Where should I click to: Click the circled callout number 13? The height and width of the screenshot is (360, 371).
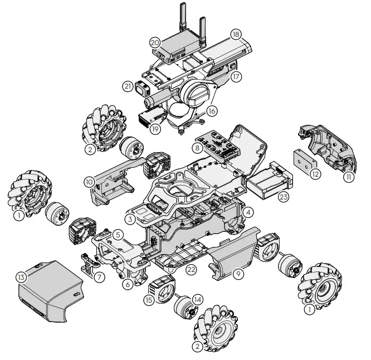point(22,277)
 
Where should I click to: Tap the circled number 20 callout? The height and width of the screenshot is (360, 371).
point(155,43)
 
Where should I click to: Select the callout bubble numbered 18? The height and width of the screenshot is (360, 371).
point(236,35)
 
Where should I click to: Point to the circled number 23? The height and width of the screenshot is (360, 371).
point(284,197)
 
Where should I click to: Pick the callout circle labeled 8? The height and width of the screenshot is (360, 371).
point(197,148)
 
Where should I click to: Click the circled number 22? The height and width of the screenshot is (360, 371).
point(191,269)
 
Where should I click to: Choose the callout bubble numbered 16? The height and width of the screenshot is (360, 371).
point(212,111)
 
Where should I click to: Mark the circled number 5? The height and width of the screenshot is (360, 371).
point(118,235)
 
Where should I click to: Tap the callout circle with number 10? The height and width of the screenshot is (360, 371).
point(90,182)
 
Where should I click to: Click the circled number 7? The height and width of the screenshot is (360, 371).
point(99,277)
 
